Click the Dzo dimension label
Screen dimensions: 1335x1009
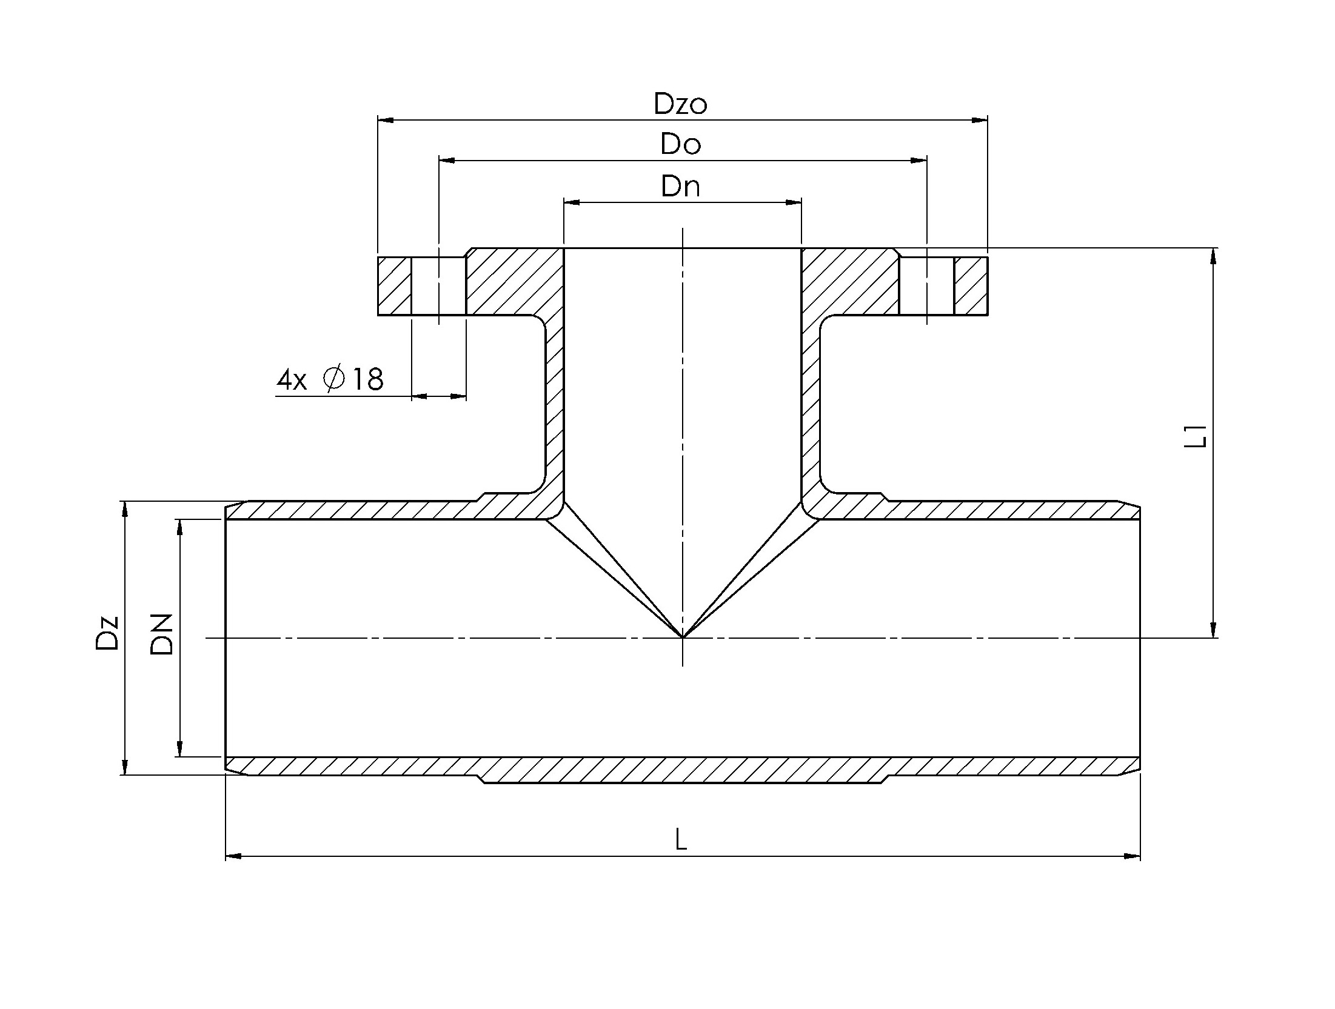pos(680,104)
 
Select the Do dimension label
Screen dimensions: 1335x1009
pos(681,145)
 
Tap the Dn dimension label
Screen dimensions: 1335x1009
pos(681,186)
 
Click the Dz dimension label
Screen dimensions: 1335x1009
pos(107,633)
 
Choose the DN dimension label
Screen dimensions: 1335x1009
pos(162,634)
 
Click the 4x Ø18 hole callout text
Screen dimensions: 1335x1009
pos(330,379)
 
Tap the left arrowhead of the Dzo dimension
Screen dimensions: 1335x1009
pos(386,120)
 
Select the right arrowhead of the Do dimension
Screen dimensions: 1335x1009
pos(918,161)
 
